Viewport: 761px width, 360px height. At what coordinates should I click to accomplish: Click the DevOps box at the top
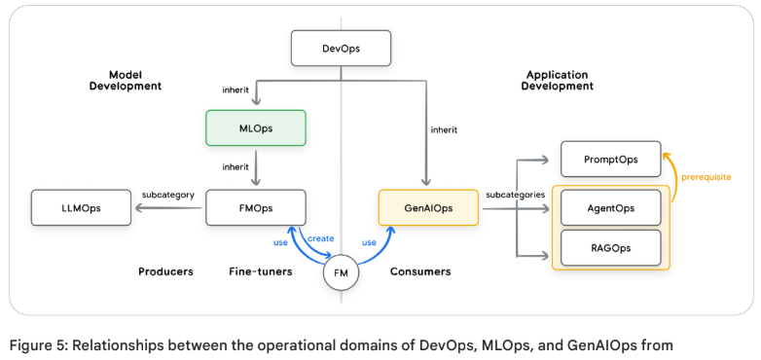tap(341, 49)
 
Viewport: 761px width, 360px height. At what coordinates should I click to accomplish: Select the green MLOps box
tap(256, 127)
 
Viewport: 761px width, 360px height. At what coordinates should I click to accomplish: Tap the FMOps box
tap(256, 207)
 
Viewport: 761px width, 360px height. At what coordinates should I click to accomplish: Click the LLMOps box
tap(80, 207)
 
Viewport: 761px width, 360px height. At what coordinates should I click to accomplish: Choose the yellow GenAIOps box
tap(428, 207)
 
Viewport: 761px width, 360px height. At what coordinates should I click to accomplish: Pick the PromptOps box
tap(610, 160)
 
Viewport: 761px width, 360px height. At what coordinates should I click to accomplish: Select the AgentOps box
tap(610, 207)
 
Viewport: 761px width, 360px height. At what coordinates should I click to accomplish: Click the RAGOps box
tap(610, 248)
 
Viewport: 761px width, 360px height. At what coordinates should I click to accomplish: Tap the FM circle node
tap(341, 273)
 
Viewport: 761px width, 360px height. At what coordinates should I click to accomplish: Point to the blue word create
tap(321, 238)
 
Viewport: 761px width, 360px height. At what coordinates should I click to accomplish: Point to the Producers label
tap(164, 271)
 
